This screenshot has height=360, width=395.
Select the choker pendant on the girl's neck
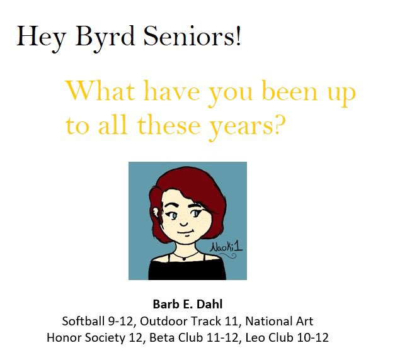pyautogui.click(x=182, y=257)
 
